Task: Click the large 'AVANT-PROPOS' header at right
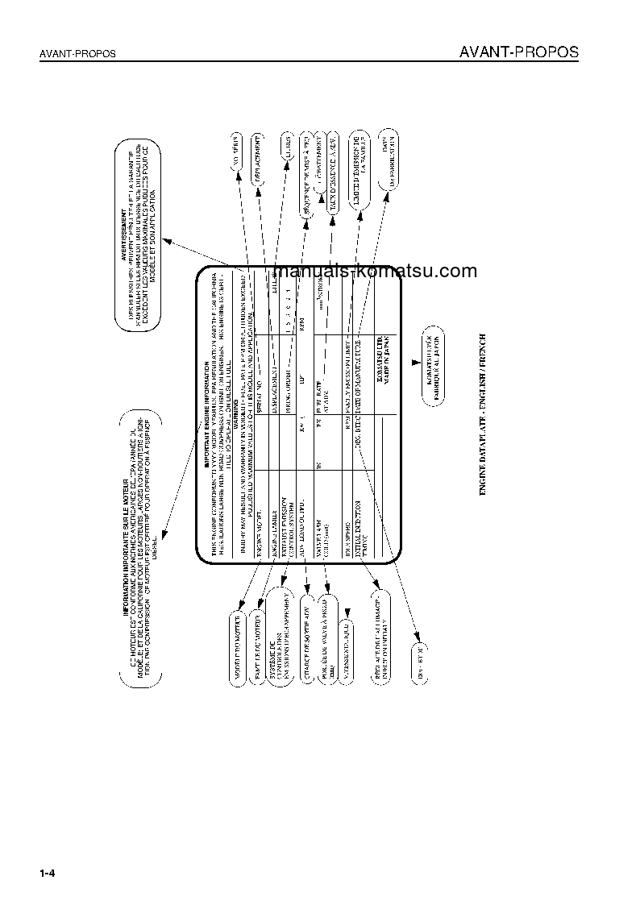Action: (518, 52)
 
